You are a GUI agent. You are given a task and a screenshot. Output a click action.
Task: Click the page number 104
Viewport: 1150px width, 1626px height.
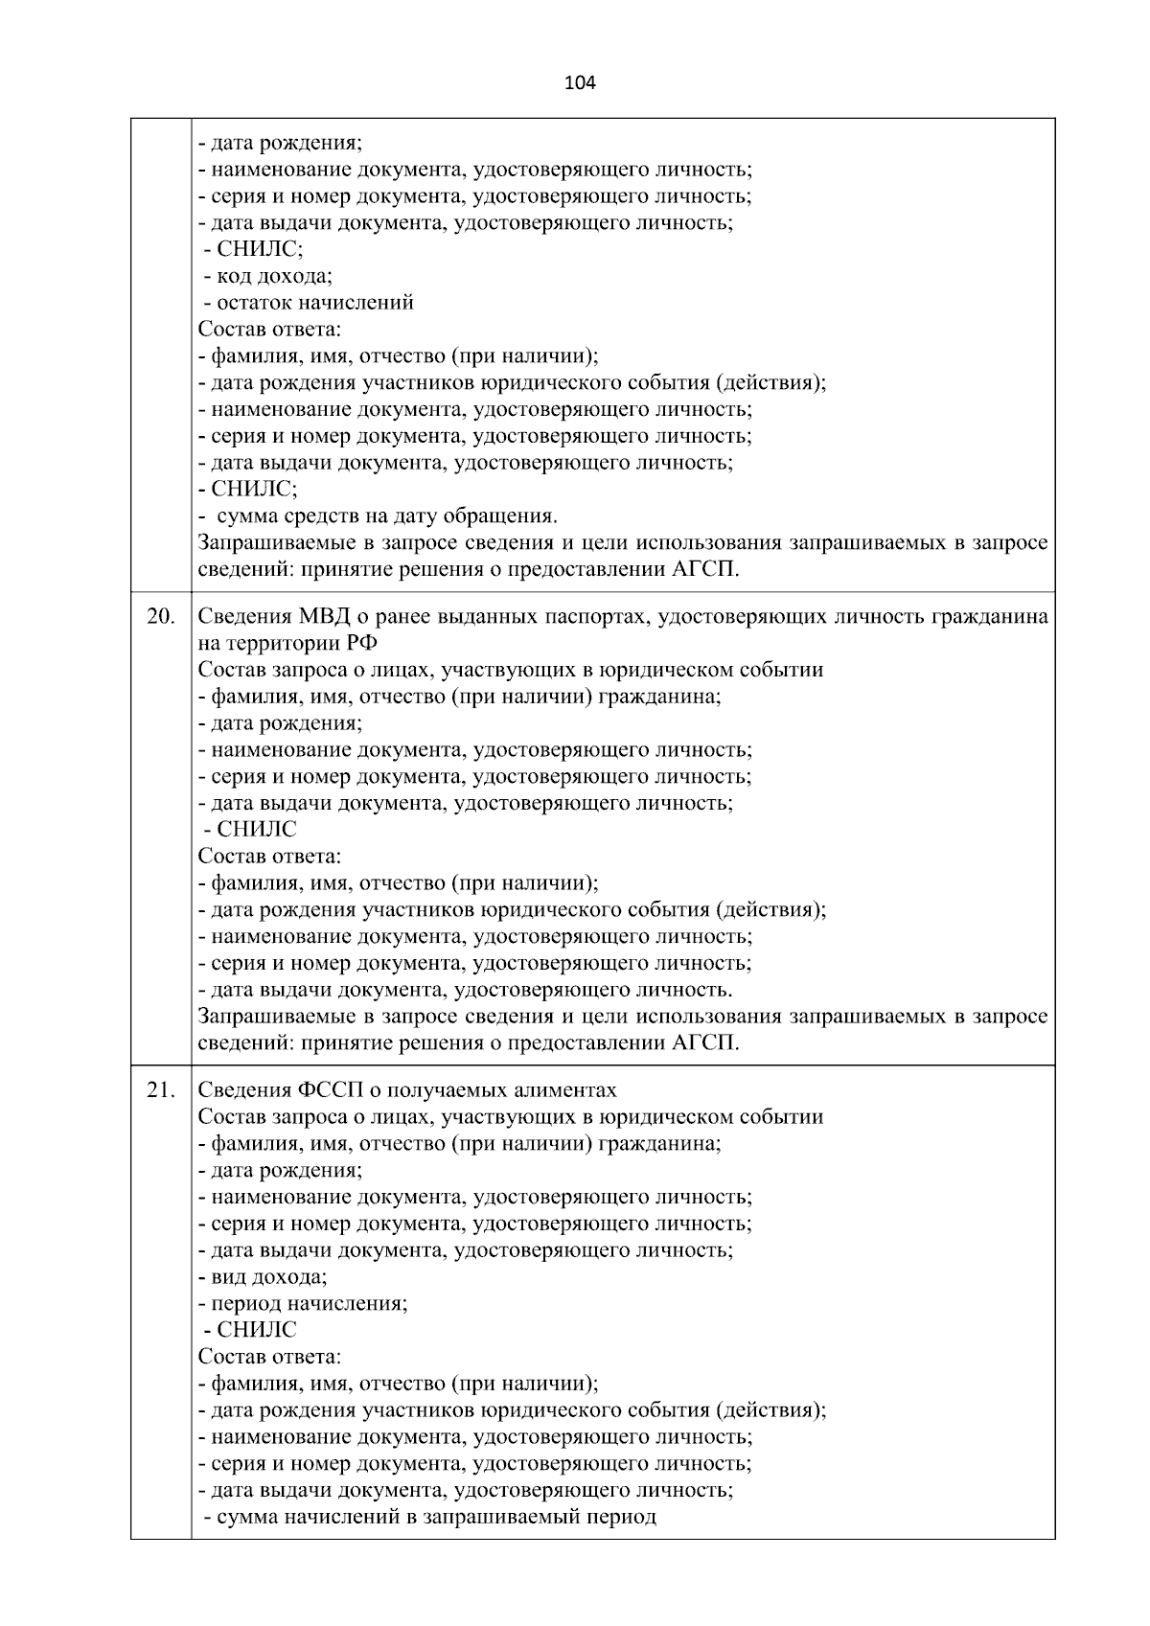(580, 83)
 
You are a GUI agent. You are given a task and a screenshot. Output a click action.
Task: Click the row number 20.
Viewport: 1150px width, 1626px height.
(160, 616)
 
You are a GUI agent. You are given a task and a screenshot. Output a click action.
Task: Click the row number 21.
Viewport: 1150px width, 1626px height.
(160, 1090)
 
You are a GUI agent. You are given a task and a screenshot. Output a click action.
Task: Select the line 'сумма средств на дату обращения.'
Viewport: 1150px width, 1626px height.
(378, 516)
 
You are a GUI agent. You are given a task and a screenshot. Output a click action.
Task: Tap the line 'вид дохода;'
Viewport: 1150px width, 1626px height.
(263, 1277)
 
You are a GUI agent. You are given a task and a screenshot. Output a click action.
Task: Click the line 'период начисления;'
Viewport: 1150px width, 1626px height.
(303, 1303)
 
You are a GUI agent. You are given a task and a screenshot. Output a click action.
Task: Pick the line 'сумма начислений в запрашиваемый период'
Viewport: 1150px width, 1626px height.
(429, 1518)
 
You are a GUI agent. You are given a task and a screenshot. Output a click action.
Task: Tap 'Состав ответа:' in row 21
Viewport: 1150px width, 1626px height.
(269, 1357)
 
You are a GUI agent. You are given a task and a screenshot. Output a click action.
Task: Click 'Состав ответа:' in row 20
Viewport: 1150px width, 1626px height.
(269, 856)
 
